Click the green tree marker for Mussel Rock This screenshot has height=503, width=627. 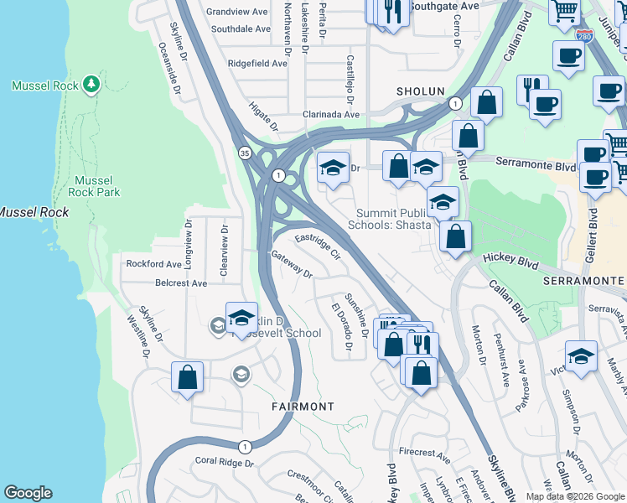(91, 85)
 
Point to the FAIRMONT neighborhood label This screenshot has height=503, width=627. (303, 406)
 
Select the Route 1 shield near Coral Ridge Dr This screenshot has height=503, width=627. (243, 446)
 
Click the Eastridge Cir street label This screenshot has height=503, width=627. (317, 245)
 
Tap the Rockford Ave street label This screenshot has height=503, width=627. (154, 263)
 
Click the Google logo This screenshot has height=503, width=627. (28, 493)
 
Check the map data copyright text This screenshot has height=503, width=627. (574, 496)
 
